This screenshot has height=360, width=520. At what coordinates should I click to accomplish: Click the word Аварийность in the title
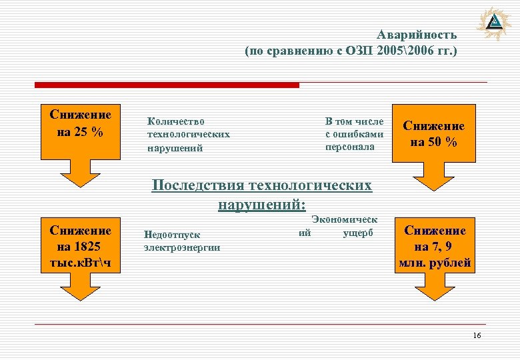417,35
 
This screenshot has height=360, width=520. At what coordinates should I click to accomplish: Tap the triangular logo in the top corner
495,24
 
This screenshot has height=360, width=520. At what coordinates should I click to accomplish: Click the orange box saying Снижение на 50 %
434,133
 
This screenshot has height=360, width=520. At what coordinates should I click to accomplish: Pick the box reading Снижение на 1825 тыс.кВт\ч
80,247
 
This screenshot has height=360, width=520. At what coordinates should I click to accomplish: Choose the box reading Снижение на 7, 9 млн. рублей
434,247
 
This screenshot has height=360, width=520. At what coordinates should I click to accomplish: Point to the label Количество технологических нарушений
189,135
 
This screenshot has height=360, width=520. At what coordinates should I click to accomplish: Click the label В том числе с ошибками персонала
354,134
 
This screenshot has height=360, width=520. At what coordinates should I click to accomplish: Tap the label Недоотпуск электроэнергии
182,241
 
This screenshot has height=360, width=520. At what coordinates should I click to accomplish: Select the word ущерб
359,233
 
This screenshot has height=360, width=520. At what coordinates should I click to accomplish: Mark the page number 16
476,335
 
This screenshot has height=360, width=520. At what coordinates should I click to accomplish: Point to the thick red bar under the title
167,85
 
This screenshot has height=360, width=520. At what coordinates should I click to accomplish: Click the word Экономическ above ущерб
344,219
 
